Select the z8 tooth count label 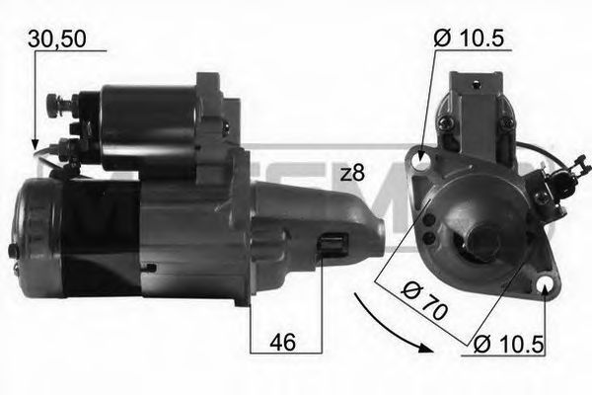click(351, 174)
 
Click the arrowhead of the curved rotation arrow click(425, 347)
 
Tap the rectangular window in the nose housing click(333, 247)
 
